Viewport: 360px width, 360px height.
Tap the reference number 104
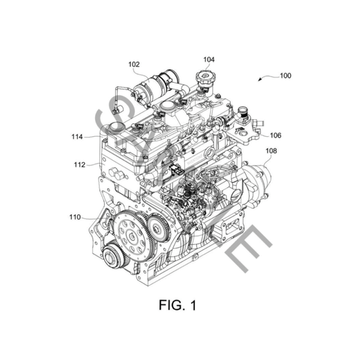208,60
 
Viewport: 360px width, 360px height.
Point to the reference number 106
274,136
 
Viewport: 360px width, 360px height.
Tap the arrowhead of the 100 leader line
259,80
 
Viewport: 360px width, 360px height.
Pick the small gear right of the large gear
159,229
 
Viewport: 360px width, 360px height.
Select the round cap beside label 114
114,129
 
